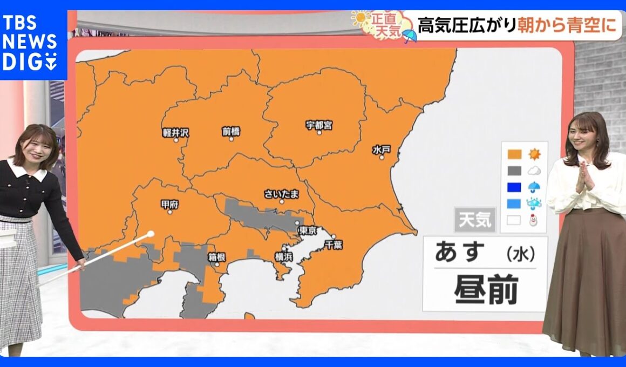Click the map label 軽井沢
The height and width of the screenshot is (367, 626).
click(175, 132)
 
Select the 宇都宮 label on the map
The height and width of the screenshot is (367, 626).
click(319, 125)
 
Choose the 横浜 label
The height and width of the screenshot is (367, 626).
click(283, 257)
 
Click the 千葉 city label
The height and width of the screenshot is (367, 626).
click(334, 244)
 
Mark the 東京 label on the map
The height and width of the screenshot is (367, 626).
click(307, 230)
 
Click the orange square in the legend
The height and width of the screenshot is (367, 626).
click(514, 154)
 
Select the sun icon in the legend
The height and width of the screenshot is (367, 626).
click(534, 154)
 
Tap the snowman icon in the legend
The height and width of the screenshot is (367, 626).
click(534, 220)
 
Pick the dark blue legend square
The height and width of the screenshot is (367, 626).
click(514, 187)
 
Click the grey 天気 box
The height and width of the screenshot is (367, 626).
click(474, 220)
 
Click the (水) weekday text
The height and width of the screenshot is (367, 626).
click(521, 253)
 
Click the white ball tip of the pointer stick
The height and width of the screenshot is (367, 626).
click(151, 234)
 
